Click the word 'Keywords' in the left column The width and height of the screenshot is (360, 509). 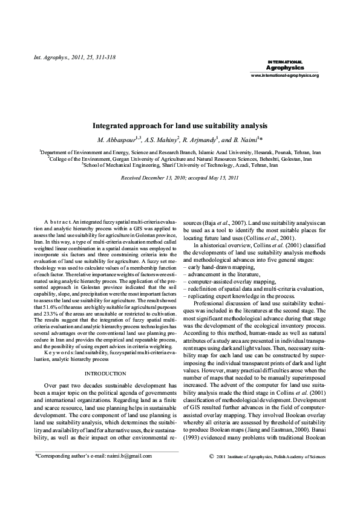(x=60, y=336)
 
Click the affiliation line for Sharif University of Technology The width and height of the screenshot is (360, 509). (x=180, y=164)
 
